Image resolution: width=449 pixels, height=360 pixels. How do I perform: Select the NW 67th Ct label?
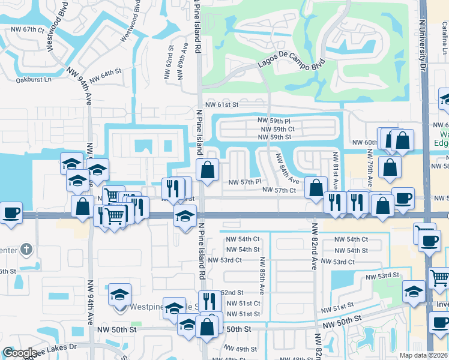click(x=24, y=29)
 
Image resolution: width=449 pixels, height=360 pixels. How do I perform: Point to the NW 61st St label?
click(x=221, y=104)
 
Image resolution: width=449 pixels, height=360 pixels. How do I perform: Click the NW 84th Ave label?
click(x=287, y=169)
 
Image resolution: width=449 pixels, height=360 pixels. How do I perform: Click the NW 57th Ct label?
click(x=279, y=190)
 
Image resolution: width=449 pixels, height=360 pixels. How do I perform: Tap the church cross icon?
click(x=26, y=248)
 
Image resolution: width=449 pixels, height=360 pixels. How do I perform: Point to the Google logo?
click(x=20, y=353)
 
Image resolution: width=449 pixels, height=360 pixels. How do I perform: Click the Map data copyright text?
click(x=424, y=355)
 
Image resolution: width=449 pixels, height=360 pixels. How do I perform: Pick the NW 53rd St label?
click(x=383, y=275)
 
